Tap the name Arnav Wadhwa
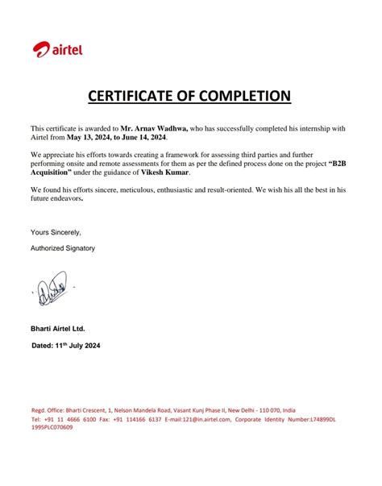155,127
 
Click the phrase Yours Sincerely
56,232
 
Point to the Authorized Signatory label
63,248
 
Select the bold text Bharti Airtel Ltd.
57,329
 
